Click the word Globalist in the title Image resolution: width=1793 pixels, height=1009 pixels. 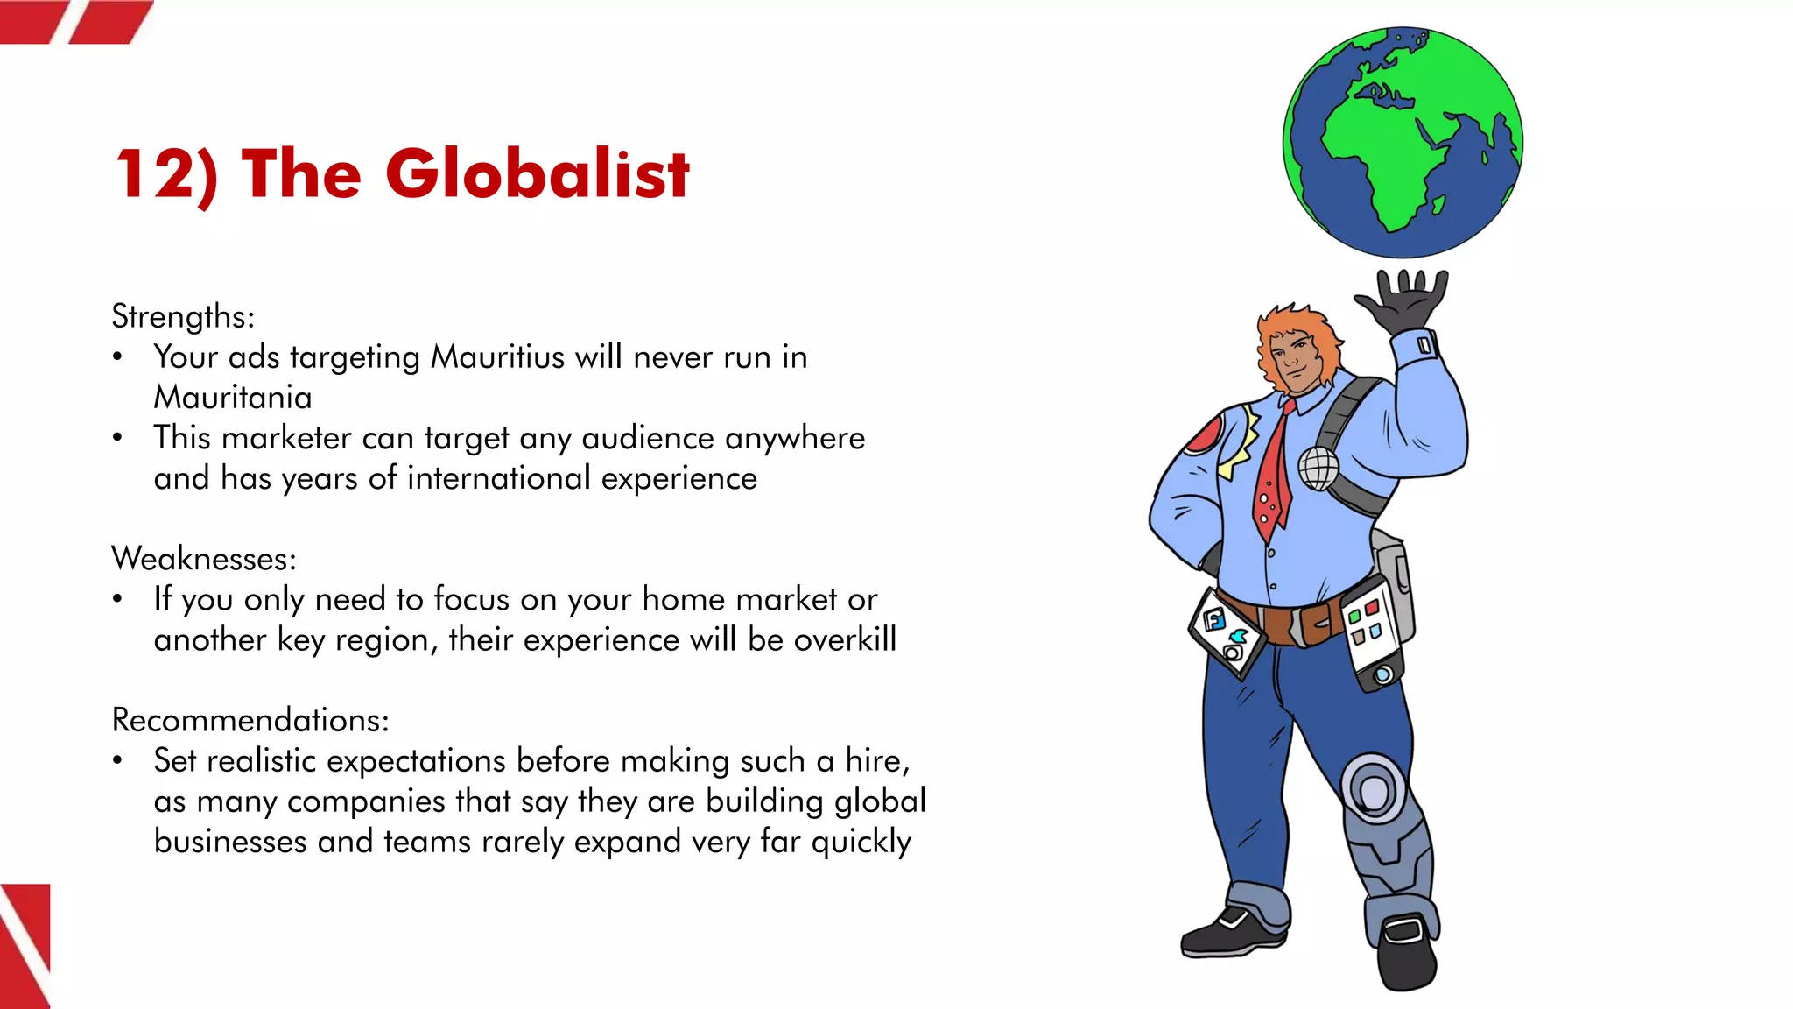pyautogui.click(x=537, y=173)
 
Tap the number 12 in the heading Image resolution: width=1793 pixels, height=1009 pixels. pyautogui.click(x=156, y=173)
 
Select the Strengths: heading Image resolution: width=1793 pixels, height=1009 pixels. pyautogui.click(x=183, y=316)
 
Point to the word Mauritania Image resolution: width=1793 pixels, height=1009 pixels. pyautogui.click(x=233, y=398)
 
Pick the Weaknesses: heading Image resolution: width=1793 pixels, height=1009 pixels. pyautogui.click(x=204, y=559)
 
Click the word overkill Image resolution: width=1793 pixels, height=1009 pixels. pyautogui.click(x=845, y=639)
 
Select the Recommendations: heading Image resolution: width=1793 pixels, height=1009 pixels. pyautogui.click(x=250, y=720)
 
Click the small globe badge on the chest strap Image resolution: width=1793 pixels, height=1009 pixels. pyautogui.click(x=1318, y=468)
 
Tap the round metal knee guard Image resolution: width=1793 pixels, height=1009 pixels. pyautogui.click(x=1373, y=791)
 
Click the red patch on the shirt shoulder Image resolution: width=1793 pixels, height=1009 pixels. pyautogui.click(x=1205, y=435)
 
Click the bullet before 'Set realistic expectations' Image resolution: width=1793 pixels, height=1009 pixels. pyautogui.click(x=117, y=761)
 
